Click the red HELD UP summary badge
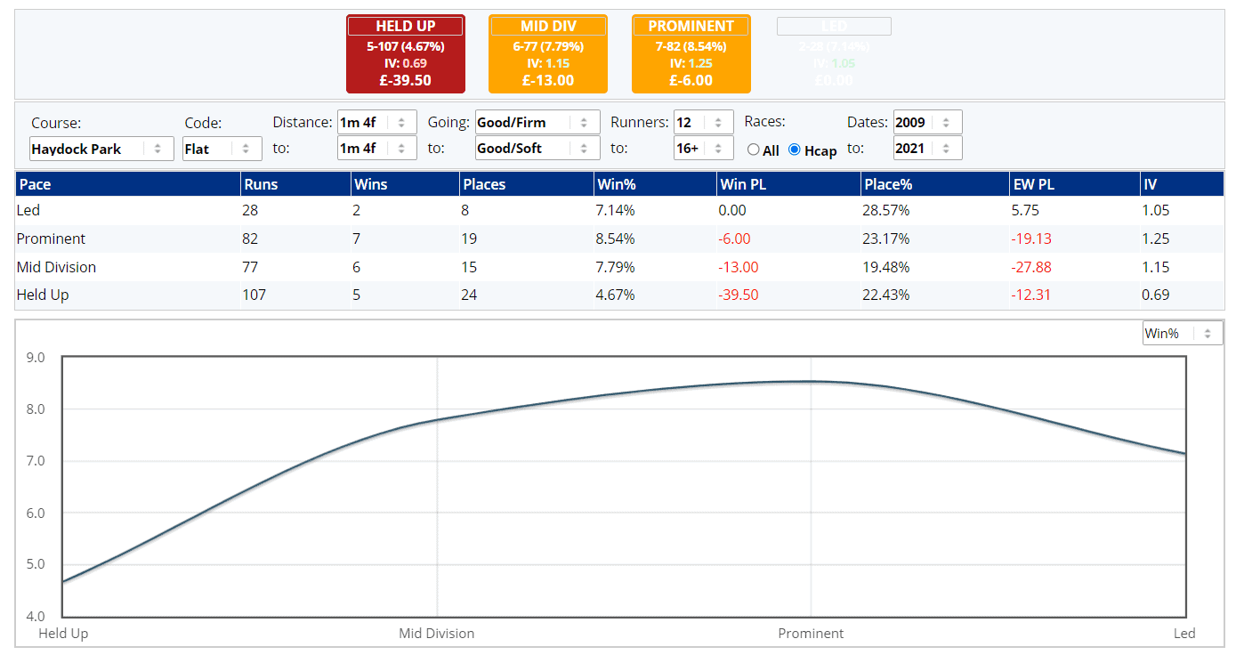(x=405, y=53)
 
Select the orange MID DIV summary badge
(x=547, y=53)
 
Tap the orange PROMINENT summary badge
(x=691, y=53)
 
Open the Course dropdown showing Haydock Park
(x=101, y=149)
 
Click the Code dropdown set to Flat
(x=222, y=149)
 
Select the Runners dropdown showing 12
(x=703, y=122)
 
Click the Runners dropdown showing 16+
(x=703, y=149)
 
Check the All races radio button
(x=754, y=150)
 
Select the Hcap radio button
(x=795, y=150)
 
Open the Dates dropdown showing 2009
(x=927, y=122)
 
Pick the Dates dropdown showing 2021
(x=927, y=149)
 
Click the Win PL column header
(x=744, y=184)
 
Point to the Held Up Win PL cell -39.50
(x=738, y=295)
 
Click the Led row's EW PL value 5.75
(x=1026, y=211)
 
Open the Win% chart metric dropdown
(x=1183, y=333)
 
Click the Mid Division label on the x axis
(x=436, y=634)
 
